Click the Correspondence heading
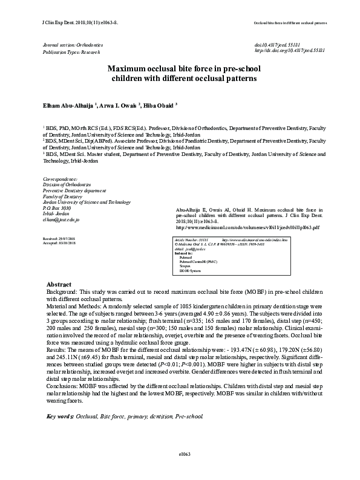tap(61, 180)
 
